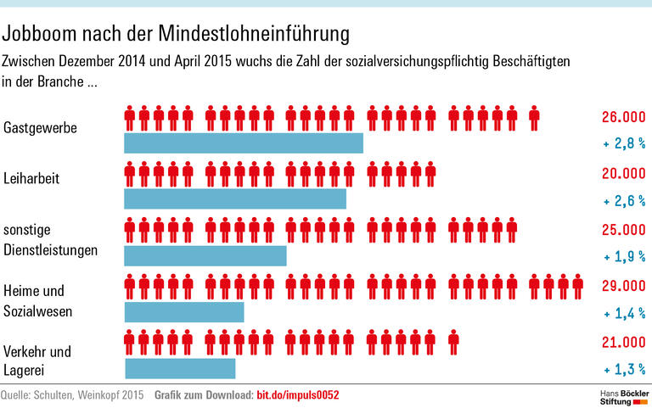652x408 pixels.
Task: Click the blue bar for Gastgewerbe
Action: tap(244, 143)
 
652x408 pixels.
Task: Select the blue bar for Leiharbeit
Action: tap(235, 198)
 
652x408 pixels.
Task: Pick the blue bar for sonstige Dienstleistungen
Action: tap(205, 255)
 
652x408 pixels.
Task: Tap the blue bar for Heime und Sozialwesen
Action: tap(184, 311)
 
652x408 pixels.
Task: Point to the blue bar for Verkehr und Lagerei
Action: tap(180, 368)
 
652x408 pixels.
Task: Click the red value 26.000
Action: tap(622, 117)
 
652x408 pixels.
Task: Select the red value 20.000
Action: tap(622, 173)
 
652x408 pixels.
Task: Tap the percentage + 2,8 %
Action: tap(624, 145)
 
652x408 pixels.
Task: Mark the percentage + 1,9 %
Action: tap(624, 257)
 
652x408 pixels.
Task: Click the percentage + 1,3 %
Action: tap(624, 370)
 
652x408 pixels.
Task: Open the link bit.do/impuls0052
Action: tap(298, 395)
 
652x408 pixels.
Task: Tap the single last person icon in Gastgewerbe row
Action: tap(534, 118)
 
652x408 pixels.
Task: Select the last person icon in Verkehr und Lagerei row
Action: tap(453, 343)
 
